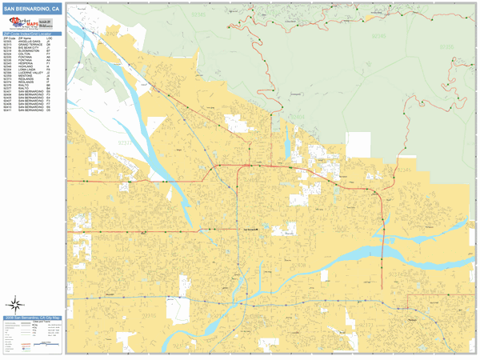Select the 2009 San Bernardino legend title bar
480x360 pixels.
[x=31, y=318]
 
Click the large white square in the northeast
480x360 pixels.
[x=358, y=144]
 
